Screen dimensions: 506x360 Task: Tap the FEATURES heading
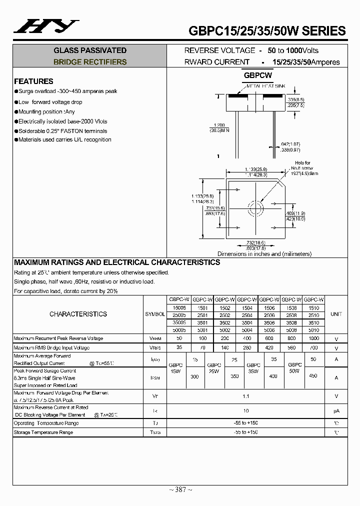click(x=33, y=81)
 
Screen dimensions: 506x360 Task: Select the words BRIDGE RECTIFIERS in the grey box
click(x=90, y=62)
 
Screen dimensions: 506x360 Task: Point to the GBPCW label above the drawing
click(x=257, y=75)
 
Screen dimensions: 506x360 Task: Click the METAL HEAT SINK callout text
click(x=266, y=86)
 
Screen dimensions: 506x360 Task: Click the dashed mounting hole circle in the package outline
click(x=256, y=207)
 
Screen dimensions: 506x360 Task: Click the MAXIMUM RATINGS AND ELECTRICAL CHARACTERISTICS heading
click(x=117, y=262)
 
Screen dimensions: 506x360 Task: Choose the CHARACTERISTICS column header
click(x=78, y=314)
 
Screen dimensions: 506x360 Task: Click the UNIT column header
click(x=336, y=314)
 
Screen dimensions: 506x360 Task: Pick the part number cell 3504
click(x=247, y=323)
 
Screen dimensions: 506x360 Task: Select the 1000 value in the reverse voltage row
click(x=313, y=338)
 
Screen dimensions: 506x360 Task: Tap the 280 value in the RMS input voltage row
click(x=247, y=347)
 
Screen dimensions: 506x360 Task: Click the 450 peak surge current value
click(x=313, y=375)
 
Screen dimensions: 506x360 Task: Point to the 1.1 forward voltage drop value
click(x=245, y=396)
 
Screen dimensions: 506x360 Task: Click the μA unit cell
click(x=336, y=411)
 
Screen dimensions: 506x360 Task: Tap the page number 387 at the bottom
click(x=180, y=489)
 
